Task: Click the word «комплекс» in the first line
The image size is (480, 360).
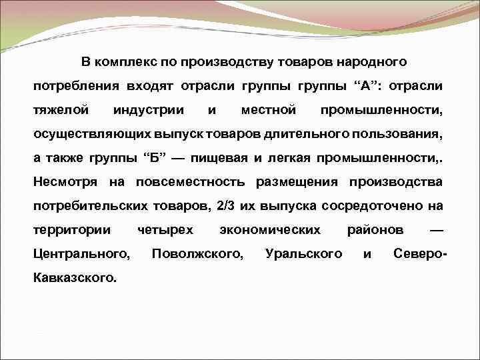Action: click(x=127, y=62)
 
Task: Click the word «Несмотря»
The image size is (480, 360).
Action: click(x=65, y=181)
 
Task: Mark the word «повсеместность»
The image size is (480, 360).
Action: click(x=189, y=181)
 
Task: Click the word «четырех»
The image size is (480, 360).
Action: click(x=165, y=229)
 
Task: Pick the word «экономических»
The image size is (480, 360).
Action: click(x=270, y=229)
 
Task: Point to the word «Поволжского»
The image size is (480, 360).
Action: click(x=197, y=253)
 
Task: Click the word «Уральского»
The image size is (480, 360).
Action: click(x=303, y=253)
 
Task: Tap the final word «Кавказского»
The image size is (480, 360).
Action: click(x=75, y=277)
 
